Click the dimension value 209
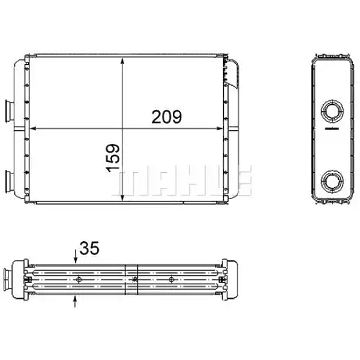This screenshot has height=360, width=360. [166, 116]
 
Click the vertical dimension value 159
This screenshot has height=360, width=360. [113, 158]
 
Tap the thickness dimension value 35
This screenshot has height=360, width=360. [89, 248]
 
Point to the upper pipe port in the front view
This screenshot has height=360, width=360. [10, 111]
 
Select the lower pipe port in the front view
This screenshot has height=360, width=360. [10, 181]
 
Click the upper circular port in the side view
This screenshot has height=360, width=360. [332, 111]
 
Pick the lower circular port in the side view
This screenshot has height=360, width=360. [332, 181]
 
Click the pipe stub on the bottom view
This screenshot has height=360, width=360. [8, 280]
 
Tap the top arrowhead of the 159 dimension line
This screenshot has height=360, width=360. [122, 61]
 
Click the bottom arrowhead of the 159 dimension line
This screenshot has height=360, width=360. [122, 197]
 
